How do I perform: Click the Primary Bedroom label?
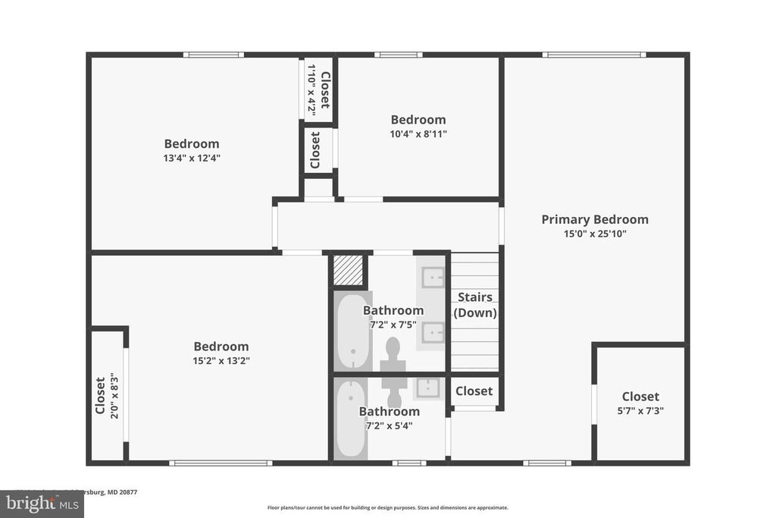(594, 219)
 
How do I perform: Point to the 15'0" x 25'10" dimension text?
(594, 234)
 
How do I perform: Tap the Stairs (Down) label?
(474, 305)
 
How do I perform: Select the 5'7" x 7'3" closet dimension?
(640, 411)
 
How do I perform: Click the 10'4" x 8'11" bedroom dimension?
(418, 134)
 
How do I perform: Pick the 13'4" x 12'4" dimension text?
(192, 158)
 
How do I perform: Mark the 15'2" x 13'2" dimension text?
(221, 360)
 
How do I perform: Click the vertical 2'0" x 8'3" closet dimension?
(113, 395)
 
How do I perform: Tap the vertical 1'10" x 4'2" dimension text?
(311, 89)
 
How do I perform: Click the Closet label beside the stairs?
(474, 391)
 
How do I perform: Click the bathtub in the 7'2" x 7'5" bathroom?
(352, 331)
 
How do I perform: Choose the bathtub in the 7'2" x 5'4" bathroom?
(351, 418)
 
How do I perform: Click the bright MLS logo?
(41, 504)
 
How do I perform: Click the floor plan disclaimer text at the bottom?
(387, 507)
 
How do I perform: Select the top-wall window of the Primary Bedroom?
(593, 55)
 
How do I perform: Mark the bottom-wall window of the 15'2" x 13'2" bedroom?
(220, 463)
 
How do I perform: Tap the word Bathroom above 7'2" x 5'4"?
(389, 412)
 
